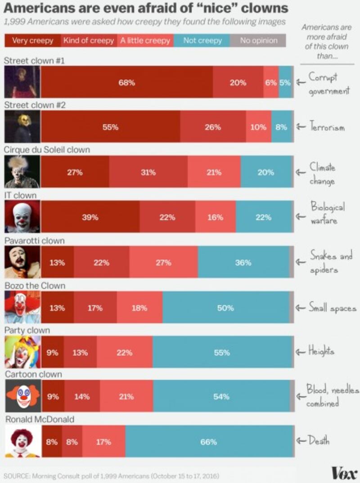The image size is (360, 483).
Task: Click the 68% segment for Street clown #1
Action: pos(127,82)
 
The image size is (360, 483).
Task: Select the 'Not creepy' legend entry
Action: pos(202,40)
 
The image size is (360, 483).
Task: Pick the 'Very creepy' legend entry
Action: pos(32,40)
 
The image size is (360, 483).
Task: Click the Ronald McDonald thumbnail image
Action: pos(22,442)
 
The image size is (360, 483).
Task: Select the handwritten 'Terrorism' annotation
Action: pos(327,128)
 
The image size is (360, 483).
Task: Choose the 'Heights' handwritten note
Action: pos(321,352)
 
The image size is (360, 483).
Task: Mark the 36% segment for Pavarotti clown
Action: pos(243,263)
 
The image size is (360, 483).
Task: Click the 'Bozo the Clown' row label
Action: pos(35,286)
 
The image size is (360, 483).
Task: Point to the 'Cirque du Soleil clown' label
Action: pos(47,150)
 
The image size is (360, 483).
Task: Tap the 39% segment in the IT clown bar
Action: pos(90,217)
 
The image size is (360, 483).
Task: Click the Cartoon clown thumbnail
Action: pos(22,397)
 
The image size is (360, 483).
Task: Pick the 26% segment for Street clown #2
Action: pos(213,127)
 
